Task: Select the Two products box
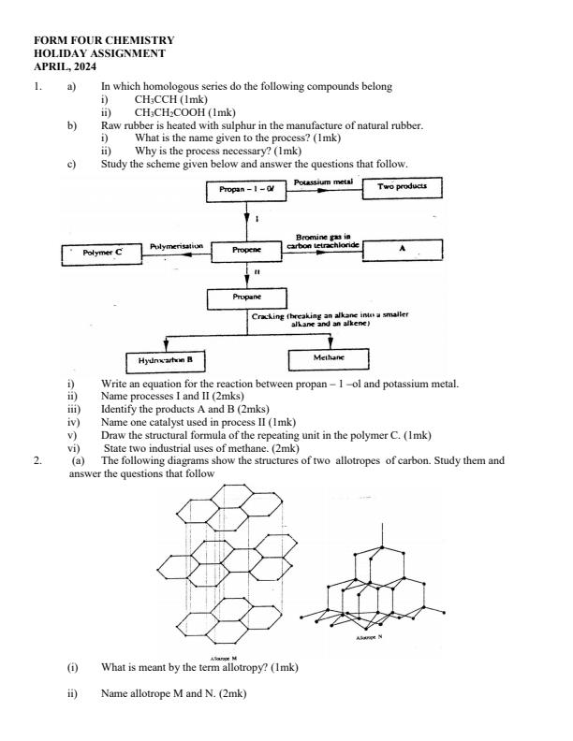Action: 402,187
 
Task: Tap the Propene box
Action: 245,251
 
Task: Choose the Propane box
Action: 245,298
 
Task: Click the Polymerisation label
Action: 176,246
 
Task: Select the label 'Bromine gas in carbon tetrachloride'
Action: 324,241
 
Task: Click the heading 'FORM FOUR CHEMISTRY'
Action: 103,41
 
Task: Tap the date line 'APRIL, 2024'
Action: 65,67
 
